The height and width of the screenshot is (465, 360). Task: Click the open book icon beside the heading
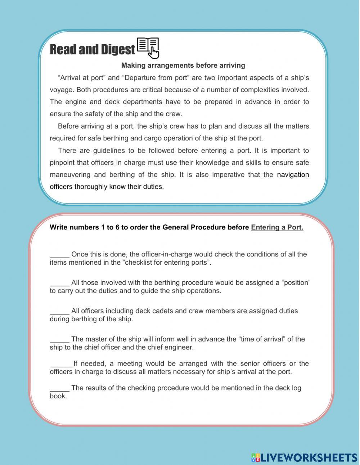coord(148,48)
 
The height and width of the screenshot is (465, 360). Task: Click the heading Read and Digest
coord(92,50)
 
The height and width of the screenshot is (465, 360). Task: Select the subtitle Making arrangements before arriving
coord(183,66)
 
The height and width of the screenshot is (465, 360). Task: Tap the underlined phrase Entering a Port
coord(277,227)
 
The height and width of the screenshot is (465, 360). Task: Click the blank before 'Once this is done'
coord(59,255)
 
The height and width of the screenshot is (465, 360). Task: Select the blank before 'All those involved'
coord(59,283)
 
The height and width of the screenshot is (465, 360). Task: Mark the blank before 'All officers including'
coord(59,311)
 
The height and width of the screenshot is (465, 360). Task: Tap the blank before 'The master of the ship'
coord(59,339)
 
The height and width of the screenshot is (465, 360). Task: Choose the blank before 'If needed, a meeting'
coord(61,364)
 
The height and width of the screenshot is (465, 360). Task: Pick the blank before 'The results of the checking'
coord(59,388)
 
